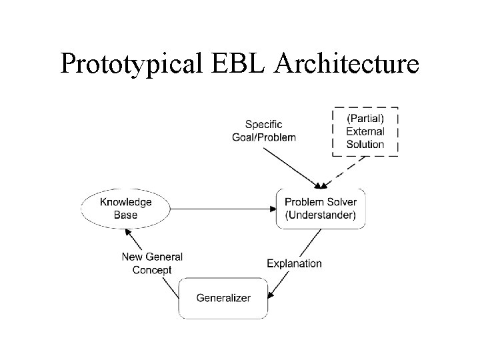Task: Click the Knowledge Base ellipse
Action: coord(125,208)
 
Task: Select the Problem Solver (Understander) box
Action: coord(320,208)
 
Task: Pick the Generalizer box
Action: coord(223,297)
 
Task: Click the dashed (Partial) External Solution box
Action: coord(365,131)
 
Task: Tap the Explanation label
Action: coord(294,263)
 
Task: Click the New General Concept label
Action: coord(152,263)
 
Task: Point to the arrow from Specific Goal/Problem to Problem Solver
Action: coord(290,167)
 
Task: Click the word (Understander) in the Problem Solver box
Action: coord(320,215)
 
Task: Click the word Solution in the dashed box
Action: coord(365,143)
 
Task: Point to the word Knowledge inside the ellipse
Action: coord(125,202)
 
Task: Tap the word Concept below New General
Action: coord(152,270)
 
